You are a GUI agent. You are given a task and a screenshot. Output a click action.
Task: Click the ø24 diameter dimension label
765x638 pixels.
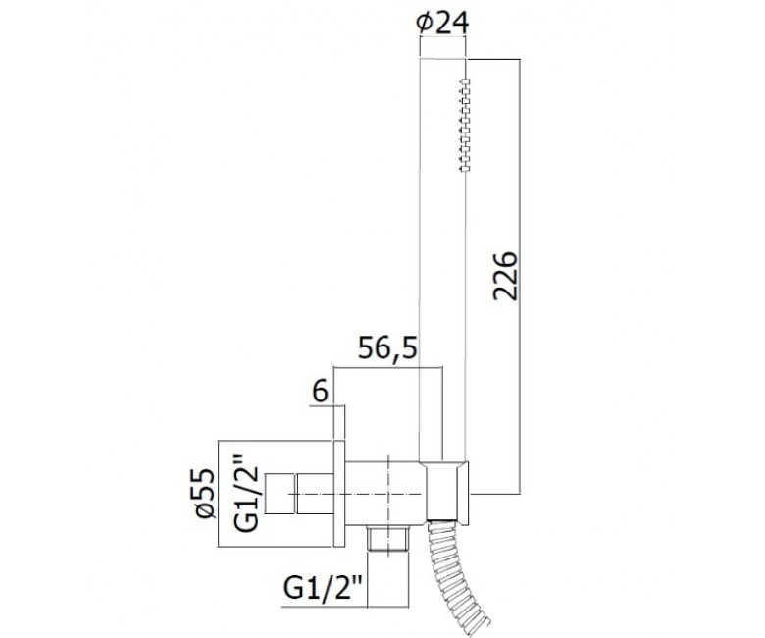[x=442, y=23]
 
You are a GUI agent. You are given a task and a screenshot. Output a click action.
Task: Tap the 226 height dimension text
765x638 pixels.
[x=504, y=276]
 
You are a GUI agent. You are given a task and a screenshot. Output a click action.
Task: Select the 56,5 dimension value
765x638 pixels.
[x=387, y=348]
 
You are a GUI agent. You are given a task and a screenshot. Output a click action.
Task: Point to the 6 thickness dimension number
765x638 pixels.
[x=320, y=392]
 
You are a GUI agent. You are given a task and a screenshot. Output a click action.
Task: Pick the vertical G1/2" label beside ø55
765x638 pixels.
[x=245, y=493]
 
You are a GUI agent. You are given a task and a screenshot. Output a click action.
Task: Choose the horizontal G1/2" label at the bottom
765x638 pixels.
[x=322, y=588]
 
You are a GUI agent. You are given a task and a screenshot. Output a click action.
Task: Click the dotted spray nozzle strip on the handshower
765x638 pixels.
[x=465, y=124]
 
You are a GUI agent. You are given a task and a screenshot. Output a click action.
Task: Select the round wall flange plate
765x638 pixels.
[x=339, y=494]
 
